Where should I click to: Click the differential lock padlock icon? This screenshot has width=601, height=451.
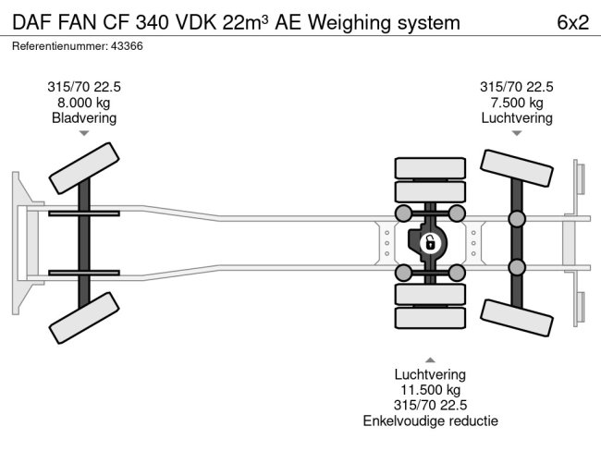tap(429, 243)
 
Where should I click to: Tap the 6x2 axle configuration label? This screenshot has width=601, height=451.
tap(571, 22)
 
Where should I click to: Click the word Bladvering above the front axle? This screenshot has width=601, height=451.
tap(84, 117)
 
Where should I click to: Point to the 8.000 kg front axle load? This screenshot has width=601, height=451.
tap(84, 103)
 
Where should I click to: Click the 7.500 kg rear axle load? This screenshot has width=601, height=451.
tap(516, 103)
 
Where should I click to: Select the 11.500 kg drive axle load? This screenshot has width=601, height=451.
tap(430, 390)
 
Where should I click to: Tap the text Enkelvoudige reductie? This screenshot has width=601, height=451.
tap(430, 421)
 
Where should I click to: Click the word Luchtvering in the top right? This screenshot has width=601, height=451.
tap(516, 117)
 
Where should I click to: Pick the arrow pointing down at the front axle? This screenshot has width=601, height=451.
tap(84, 134)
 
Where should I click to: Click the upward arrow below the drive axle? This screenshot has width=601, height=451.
tap(430, 359)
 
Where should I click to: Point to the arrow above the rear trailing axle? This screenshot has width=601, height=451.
tap(516, 134)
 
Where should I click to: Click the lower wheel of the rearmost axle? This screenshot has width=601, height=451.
tap(515, 316)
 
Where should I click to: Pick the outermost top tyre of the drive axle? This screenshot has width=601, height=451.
tap(429, 168)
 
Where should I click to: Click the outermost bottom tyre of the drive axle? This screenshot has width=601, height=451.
tap(429, 318)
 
